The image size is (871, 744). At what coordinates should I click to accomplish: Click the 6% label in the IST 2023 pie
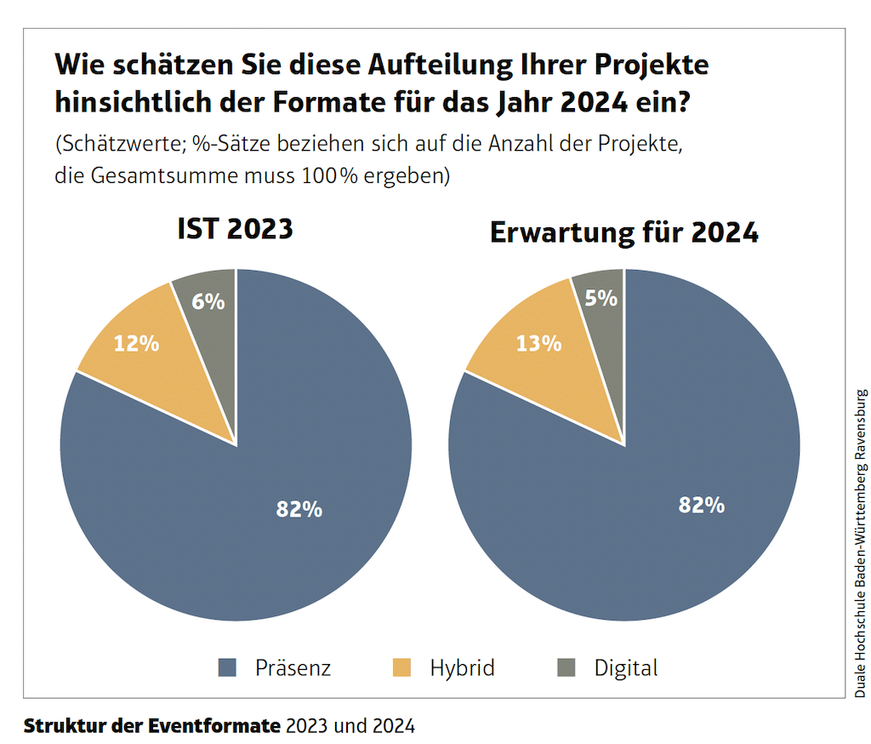[x=208, y=300]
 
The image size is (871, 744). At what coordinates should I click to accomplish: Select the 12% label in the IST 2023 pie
[x=136, y=343]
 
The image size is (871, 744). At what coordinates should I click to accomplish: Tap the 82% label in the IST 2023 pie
[x=299, y=509]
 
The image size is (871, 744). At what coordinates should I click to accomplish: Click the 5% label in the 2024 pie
[x=601, y=298]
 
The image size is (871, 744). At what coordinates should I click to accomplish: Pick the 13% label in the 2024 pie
[x=538, y=343]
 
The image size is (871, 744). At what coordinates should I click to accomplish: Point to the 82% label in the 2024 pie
[x=701, y=505]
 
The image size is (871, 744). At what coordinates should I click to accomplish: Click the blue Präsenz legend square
[x=227, y=668]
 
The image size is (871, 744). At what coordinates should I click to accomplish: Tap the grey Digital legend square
[x=566, y=668]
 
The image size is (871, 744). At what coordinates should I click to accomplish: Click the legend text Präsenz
[x=293, y=668]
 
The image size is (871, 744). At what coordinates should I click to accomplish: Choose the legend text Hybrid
[x=462, y=668]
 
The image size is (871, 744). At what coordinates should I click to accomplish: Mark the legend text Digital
[x=626, y=668]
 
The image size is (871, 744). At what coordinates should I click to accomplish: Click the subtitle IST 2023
[x=235, y=229]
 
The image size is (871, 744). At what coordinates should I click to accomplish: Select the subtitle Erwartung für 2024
[x=624, y=233]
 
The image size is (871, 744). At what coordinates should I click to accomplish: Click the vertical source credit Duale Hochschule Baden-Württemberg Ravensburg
[x=861, y=544]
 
